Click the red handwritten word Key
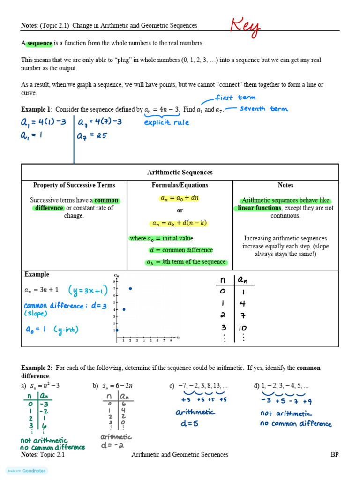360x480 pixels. click(x=245, y=27)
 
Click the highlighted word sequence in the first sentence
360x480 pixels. click(x=39, y=43)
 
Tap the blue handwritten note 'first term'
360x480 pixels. click(x=235, y=97)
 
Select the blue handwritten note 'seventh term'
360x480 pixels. click(x=263, y=109)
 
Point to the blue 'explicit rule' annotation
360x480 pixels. click(x=166, y=122)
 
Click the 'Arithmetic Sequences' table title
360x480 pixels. click(x=180, y=172)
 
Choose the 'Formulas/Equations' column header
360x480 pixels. click(x=180, y=185)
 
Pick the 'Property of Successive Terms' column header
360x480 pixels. click(x=74, y=185)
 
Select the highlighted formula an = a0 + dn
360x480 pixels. click(x=180, y=198)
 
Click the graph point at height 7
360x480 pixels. click(x=130, y=288)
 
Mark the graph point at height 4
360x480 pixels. click(x=123, y=309)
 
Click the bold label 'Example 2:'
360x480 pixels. click(x=36, y=368)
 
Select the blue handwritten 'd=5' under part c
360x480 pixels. click(x=185, y=424)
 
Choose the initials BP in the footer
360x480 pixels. click(x=334, y=455)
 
